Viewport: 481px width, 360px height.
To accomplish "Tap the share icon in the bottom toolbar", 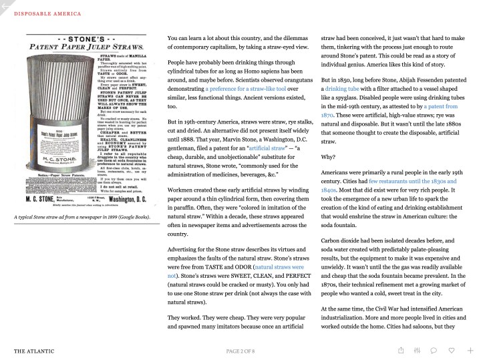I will click(401, 350).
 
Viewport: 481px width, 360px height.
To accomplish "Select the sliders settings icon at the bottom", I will click(418, 350).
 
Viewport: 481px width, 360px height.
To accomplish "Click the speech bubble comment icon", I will click(434, 350).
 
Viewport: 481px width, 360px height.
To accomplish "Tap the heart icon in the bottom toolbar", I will click(452, 350).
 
